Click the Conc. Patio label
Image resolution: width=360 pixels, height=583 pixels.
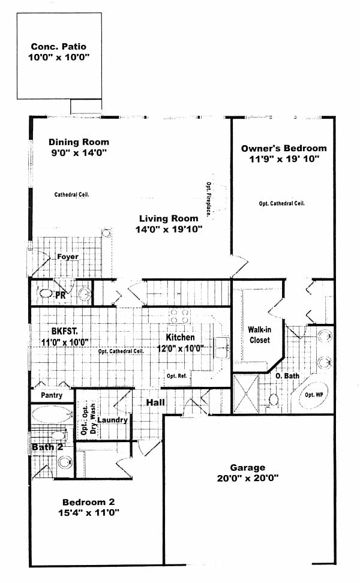58,46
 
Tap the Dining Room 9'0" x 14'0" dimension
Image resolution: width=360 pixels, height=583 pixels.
79,152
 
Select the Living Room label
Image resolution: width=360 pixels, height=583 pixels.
169,218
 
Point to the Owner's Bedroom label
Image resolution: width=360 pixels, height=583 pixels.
284,148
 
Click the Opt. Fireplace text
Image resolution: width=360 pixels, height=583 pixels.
209,199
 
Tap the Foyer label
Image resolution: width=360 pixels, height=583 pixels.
68,257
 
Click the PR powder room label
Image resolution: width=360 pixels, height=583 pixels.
60,296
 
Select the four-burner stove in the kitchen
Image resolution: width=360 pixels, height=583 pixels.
179,316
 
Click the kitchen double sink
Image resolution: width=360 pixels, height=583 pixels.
222,348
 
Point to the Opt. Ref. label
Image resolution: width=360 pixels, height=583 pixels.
176,376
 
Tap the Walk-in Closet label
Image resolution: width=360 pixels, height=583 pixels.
259,335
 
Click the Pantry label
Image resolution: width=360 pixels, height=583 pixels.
52,395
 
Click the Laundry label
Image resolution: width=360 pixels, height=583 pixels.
112,420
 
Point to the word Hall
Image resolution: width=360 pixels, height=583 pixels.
155,402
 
